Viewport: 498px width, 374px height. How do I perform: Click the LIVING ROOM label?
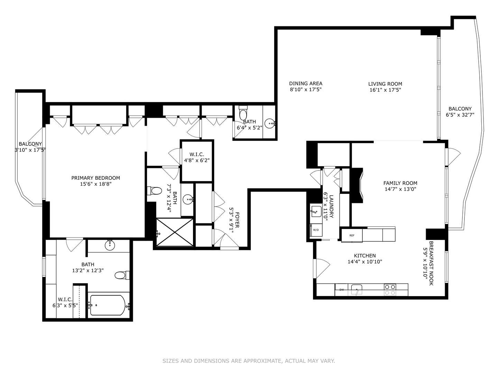[x=385, y=84]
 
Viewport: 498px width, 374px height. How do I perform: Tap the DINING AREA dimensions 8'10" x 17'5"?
[x=306, y=90]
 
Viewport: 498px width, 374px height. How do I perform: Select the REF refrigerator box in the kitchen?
[x=352, y=235]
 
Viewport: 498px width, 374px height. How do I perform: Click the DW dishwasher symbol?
[x=342, y=290]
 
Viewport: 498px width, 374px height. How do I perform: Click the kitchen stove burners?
[x=390, y=290]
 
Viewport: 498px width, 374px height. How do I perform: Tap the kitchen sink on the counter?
[x=357, y=289]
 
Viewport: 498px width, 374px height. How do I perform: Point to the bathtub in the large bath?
[x=107, y=305]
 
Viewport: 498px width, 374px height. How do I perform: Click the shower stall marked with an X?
[x=175, y=232]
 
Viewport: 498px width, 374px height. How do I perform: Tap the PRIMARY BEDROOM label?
[x=95, y=178]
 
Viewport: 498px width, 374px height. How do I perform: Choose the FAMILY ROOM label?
[x=400, y=183]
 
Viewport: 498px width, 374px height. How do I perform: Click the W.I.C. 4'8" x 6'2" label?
[x=196, y=157]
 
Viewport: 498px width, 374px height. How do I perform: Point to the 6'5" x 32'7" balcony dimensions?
[x=460, y=115]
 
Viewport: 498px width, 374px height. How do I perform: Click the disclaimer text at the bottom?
[x=249, y=361]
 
